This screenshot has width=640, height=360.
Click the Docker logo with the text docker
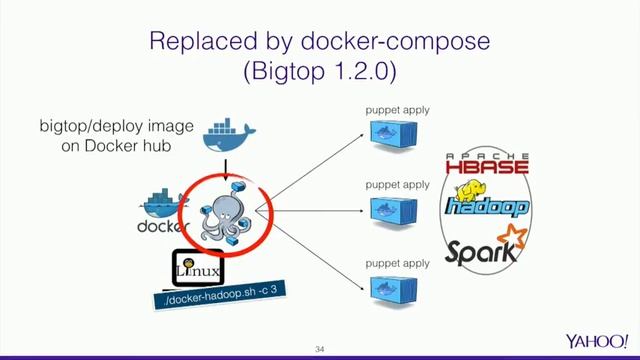point(163,211)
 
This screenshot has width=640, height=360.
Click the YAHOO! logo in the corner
point(596,340)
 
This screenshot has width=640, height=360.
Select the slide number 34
point(320,348)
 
